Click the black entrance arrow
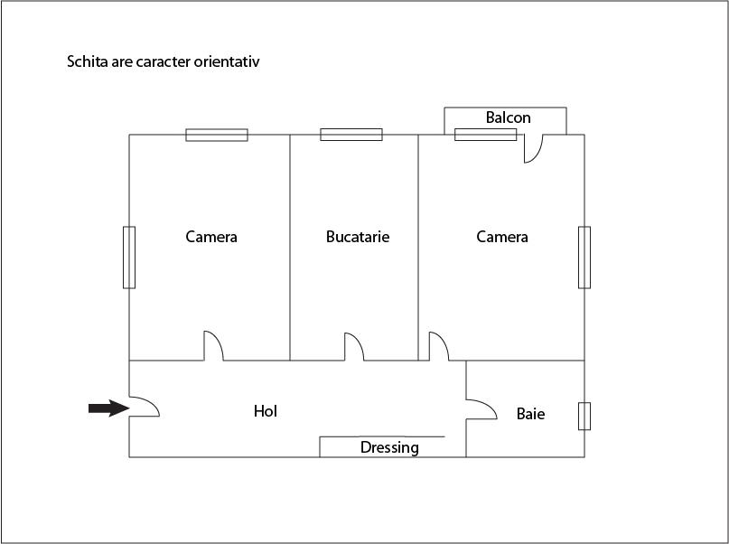(x=108, y=408)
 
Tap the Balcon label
(x=509, y=117)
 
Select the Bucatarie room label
(x=358, y=237)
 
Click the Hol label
(x=266, y=411)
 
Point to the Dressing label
(x=389, y=447)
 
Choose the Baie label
(x=530, y=414)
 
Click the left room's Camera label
(x=211, y=237)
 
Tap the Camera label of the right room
(x=502, y=237)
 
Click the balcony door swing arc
(x=533, y=149)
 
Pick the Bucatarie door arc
(x=354, y=346)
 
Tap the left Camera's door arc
(x=214, y=345)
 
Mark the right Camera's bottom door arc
(x=439, y=346)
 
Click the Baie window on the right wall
(x=584, y=417)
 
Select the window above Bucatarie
(x=351, y=135)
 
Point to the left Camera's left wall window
(x=129, y=258)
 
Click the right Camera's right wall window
(x=584, y=258)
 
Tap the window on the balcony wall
(x=485, y=135)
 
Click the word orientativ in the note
(x=227, y=61)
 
